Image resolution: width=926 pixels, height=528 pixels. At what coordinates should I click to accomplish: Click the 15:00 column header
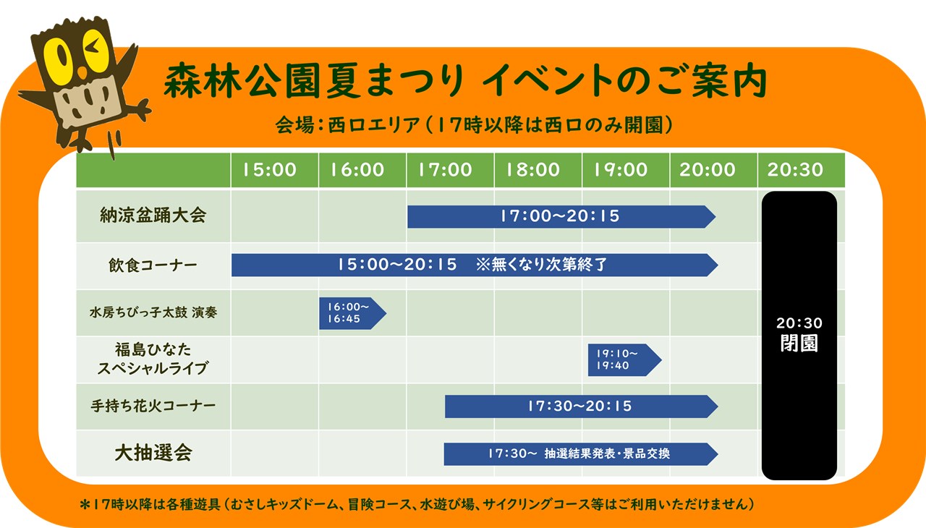point(270,170)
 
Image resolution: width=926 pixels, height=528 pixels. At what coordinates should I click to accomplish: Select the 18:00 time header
point(533,170)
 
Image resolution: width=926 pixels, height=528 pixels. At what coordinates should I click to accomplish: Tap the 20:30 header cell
point(795,170)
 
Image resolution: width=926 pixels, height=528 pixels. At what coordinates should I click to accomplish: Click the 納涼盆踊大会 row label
point(153,216)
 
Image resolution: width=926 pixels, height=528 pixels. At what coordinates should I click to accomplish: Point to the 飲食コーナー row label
point(153,265)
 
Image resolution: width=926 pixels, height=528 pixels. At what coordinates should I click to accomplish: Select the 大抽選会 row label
point(153,453)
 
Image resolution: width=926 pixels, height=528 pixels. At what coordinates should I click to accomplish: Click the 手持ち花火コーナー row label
point(153,406)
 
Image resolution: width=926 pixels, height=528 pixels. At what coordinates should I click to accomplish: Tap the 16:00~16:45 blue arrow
point(352,313)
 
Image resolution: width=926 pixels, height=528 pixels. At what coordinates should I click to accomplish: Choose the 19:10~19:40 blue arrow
point(624,360)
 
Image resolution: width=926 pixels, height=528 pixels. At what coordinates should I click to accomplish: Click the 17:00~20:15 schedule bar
point(561,216)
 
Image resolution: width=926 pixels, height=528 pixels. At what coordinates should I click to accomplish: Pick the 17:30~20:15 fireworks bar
point(581,406)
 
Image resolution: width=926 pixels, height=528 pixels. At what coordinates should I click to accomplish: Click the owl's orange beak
point(82,74)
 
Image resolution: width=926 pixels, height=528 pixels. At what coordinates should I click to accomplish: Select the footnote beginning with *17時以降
point(417,504)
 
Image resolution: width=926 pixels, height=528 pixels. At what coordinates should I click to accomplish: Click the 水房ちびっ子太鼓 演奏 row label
point(153,312)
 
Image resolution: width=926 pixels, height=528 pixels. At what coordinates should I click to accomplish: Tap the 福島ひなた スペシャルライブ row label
point(153,359)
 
